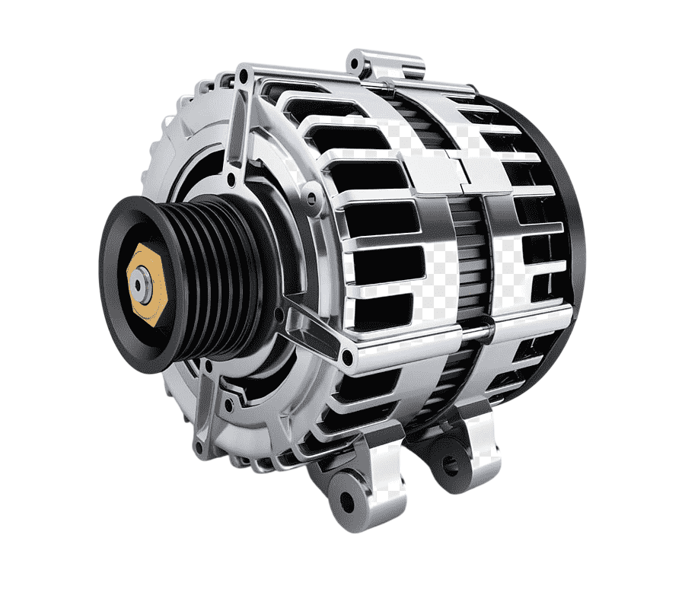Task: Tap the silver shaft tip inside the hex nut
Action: coord(139,284)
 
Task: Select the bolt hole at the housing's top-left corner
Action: coord(242,76)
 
